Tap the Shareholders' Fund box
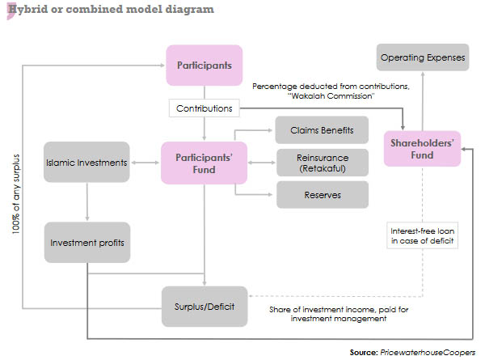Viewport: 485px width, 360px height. click(x=421, y=149)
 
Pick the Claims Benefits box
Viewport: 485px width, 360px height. click(x=322, y=130)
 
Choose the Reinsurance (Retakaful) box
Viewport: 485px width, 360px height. click(x=322, y=163)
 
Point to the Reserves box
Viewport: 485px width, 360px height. click(x=322, y=195)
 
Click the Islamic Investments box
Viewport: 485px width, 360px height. click(x=86, y=163)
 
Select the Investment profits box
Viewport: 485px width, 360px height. click(x=86, y=242)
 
